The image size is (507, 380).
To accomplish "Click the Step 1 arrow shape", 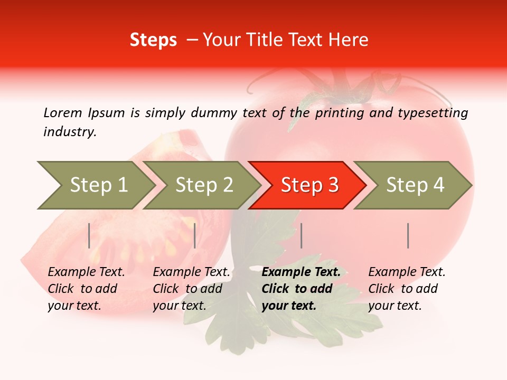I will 95,185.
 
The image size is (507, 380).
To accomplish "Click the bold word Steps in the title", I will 153,40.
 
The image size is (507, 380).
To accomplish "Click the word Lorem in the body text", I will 63,112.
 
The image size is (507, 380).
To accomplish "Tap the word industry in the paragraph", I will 69,132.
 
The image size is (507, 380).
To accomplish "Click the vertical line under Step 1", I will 89,235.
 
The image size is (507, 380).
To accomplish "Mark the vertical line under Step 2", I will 195,235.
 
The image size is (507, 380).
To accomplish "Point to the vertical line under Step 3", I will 302,235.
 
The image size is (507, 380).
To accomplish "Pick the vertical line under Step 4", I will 408,235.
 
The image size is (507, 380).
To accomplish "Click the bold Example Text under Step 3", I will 301,272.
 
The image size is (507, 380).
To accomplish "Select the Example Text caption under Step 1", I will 86,272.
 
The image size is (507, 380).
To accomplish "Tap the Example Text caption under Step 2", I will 191,272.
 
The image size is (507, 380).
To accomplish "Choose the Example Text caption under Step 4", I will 407,272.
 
